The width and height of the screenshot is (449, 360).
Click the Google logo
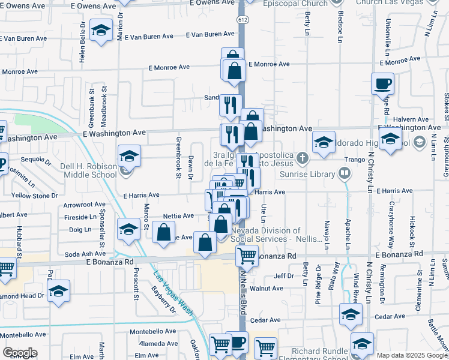pos(20,353)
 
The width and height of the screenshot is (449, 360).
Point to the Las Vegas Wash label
pos(173,293)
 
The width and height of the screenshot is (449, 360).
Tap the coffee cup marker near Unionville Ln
pos(382,83)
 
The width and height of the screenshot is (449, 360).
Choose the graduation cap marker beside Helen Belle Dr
pos(101,29)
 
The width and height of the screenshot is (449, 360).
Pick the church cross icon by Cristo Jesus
pos(302,160)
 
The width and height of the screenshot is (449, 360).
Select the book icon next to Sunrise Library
pos(345,174)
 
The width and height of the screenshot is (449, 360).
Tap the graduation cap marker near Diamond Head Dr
pos(58,292)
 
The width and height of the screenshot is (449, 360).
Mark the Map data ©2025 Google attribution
pos(412,355)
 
